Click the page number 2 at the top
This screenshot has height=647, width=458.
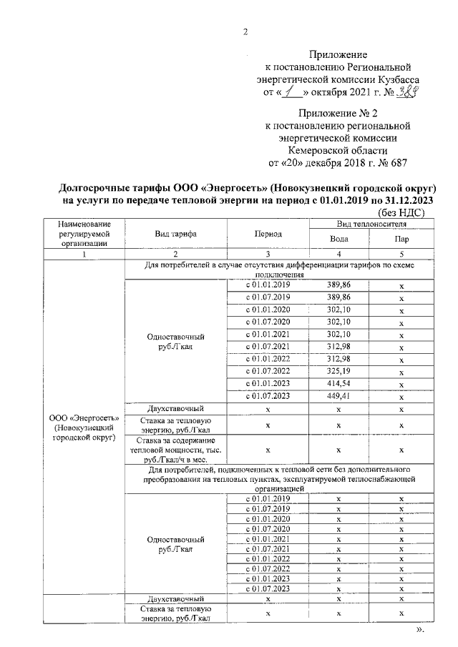tap(245, 31)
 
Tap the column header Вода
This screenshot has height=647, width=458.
tap(338, 239)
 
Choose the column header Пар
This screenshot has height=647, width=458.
tap(401, 239)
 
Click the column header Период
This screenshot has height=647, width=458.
tap(267, 234)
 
